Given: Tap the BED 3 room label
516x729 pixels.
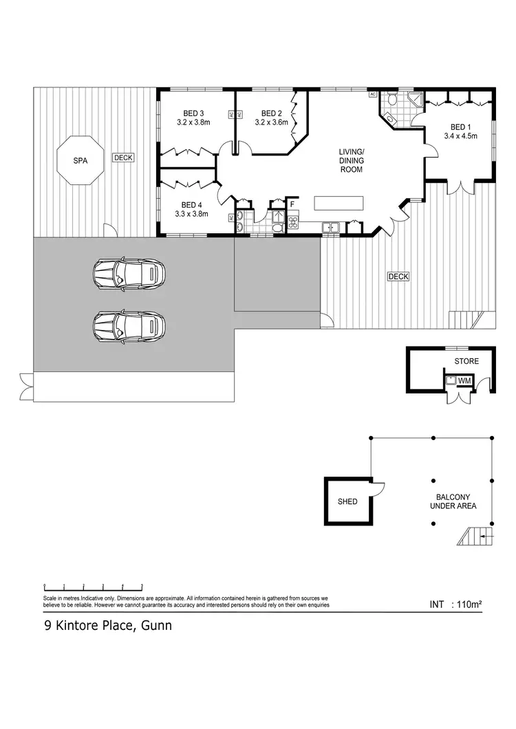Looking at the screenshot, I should tap(193, 113).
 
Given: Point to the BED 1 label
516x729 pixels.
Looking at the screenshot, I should tap(460, 127).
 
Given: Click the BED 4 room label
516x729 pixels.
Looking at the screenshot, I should tap(191, 204).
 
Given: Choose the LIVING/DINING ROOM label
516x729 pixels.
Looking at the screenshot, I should tap(351, 160).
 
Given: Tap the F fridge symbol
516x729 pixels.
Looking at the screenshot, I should tap(292, 204).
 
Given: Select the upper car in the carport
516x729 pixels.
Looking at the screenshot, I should tap(129, 274).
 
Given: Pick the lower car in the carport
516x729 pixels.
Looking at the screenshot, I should tap(129, 325).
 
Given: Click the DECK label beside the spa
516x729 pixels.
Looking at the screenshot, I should tap(123, 157).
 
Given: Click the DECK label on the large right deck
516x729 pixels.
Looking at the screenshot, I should tap(398, 276).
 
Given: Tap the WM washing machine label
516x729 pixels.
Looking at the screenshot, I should tap(464, 380).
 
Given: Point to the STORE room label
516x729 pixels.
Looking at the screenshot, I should tap(466, 361).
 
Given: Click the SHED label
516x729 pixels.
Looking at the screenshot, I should tap(347, 501).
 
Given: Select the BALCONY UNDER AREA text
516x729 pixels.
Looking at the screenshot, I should tap(453, 501).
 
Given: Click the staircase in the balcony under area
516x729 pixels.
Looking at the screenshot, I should tap(475, 534).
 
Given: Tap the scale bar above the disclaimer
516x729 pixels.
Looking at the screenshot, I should tap(93, 587).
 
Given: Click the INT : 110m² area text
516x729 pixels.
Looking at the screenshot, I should tap(455, 605).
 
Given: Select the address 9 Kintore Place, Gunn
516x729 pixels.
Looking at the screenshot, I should tap(104, 626).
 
